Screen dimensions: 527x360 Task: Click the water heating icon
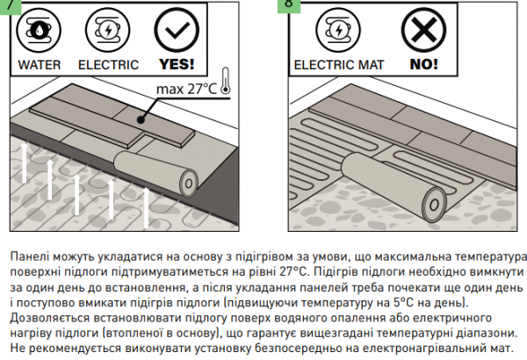39,30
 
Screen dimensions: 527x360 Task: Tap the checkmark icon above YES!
177,30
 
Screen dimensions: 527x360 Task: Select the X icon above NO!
424,30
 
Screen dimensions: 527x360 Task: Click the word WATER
40,65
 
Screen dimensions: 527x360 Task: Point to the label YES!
177,64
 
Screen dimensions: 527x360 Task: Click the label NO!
424,64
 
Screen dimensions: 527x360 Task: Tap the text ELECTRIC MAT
339,65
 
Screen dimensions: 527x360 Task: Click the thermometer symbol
225,81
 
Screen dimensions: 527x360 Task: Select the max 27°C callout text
186,89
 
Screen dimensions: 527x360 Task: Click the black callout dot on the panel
141,119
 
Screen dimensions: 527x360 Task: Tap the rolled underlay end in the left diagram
189,184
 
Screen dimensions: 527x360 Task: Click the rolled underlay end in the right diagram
434,205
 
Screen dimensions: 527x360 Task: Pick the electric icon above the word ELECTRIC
107,30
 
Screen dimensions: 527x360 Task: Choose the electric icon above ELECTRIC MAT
338,30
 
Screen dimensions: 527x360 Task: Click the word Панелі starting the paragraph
29,256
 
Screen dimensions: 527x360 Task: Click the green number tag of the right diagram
289,6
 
